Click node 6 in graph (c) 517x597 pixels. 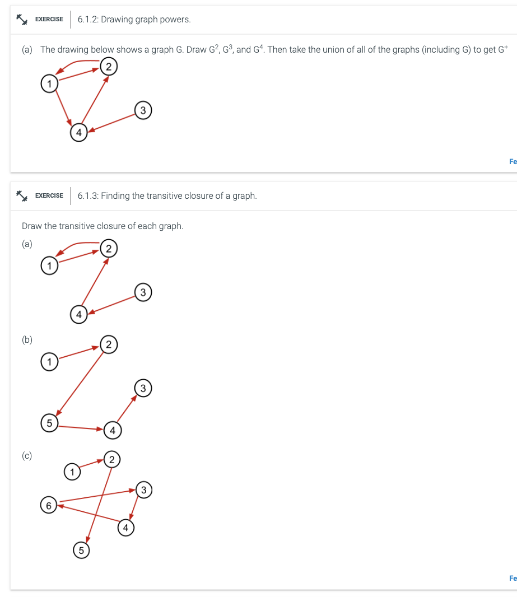pyautogui.click(x=49, y=505)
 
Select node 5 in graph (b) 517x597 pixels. pyautogui.click(x=49, y=423)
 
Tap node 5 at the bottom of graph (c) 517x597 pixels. pyautogui.click(x=81, y=551)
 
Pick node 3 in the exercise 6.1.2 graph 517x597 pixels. pyautogui.click(x=143, y=110)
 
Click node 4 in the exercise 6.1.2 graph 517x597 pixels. pyautogui.click(x=78, y=133)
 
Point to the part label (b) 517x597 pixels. pyautogui.click(x=27, y=339)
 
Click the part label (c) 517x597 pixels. pyautogui.click(x=27, y=456)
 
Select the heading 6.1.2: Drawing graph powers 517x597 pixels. pyautogui.click(x=134, y=20)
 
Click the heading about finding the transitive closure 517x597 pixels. pyautogui.click(x=167, y=196)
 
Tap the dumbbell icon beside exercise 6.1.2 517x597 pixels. pyautogui.click(x=22, y=20)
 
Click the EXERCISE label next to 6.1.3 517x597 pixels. pyautogui.click(x=49, y=196)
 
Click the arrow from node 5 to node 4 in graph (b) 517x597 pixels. pyautogui.click(x=81, y=428)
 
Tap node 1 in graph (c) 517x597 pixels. pyautogui.click(x=71, y=472)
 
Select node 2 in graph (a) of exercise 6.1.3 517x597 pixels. pyautogui.click(x=109, y=248)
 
